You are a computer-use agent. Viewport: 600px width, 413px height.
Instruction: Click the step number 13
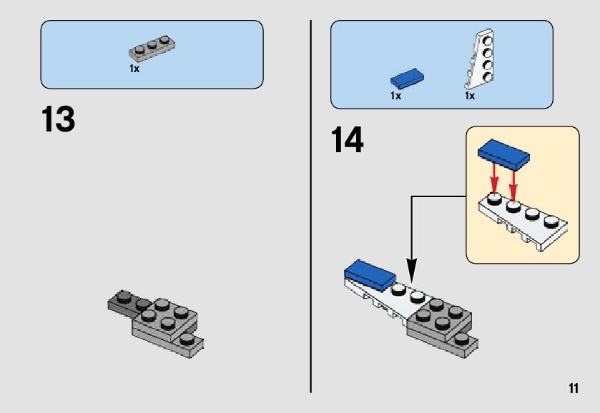click(x=58, y=120)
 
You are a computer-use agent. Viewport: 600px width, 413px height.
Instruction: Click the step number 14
click(x=347, y=140)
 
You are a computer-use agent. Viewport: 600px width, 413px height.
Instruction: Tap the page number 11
click(x=573, y=389)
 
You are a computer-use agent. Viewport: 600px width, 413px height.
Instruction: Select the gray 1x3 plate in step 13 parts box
click(x=152, y=49)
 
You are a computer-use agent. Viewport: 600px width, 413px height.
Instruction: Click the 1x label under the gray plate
click(x=134, y=69)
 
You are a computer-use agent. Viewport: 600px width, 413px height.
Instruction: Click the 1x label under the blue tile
click(x=395, y=95)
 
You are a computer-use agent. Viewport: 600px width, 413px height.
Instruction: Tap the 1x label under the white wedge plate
click(x=470, y=95)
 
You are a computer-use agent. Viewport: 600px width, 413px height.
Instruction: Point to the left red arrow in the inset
click(x=492, y=181)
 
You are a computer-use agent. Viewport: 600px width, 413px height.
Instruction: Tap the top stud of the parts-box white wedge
click(x=486, y=41)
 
